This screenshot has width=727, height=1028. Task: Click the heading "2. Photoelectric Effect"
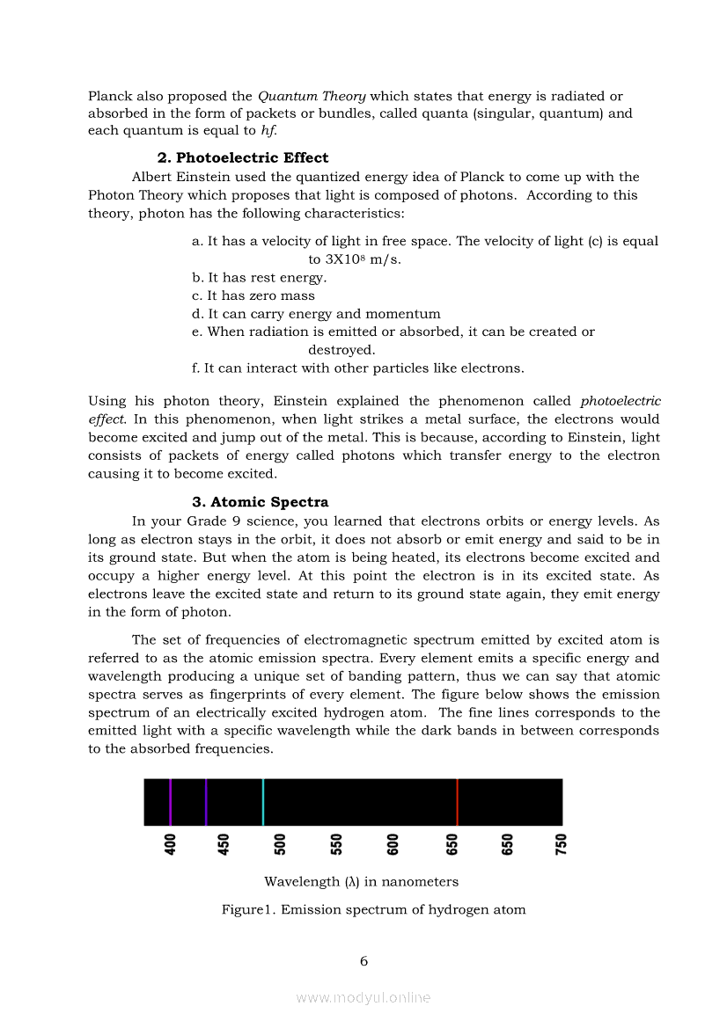pyautogui.click(x=242, y=158)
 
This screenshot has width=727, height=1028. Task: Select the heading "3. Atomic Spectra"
pyautogui.click(x=261, y=503)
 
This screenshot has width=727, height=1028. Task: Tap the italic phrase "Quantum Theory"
pyautogui.click(x=312, y=96)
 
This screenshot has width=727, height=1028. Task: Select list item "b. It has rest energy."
pyautogui.click(x=259, y=278)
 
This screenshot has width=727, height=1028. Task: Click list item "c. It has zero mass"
pyautogui.click(x=253, y=295)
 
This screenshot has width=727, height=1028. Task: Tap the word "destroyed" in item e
pyautogui.click(x=341, y=350)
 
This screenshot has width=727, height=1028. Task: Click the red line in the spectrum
pyautogui.click(x=457, y=802)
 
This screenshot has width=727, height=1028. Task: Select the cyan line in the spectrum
pyautogui.click(x=262, y=802)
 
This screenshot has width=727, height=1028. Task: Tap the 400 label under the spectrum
pyautogui.click(x=171, y=844)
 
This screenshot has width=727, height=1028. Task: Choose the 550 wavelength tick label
pyautogui.click(x=336, y=844)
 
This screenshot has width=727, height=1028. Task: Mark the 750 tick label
pyautogui.click(x=562, y=844)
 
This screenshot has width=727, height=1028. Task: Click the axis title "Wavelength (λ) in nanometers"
pyautogui.click(x=361, y=882)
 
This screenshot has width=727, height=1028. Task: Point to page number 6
pyautogui.click(x=363, y=961)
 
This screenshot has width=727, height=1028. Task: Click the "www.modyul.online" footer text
pyautogui.click(x=363, y=998)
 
